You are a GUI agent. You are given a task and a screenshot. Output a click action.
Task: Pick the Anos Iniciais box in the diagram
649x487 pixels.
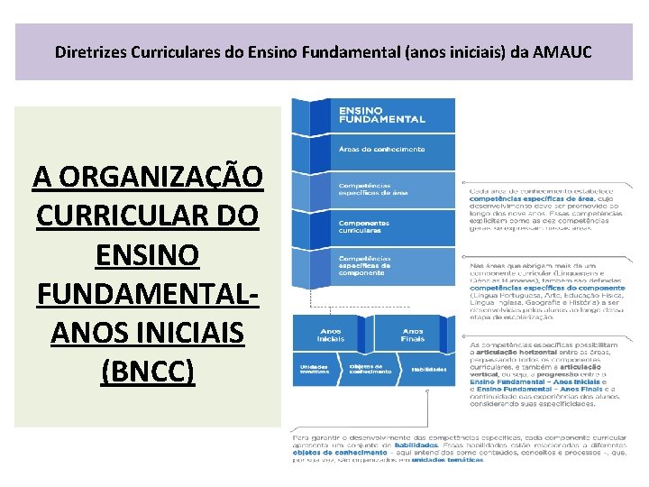click(331, 335)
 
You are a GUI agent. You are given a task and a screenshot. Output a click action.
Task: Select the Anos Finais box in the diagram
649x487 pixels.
click(413, 335)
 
